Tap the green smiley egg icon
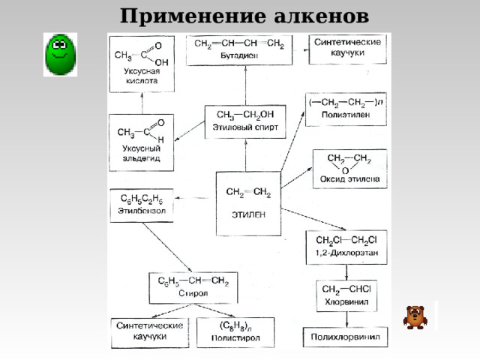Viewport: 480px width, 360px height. point(59,54)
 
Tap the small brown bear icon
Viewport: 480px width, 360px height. point(415,316)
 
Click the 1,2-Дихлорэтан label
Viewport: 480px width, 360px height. point(346,253)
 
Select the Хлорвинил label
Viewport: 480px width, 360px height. point(344,303)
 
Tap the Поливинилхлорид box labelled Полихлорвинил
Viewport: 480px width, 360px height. point(346,337)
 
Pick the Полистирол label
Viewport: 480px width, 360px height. point(235,338)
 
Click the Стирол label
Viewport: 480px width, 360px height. point(193,293)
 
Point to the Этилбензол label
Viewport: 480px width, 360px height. point(142,211)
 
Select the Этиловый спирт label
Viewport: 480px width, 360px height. point(245,127)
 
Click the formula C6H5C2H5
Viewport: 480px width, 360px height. point(142,199)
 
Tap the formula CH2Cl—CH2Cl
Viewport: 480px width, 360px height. point(346,241)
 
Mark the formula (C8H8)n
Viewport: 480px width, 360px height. point(235,326)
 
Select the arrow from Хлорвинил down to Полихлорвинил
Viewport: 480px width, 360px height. point(346,319)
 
